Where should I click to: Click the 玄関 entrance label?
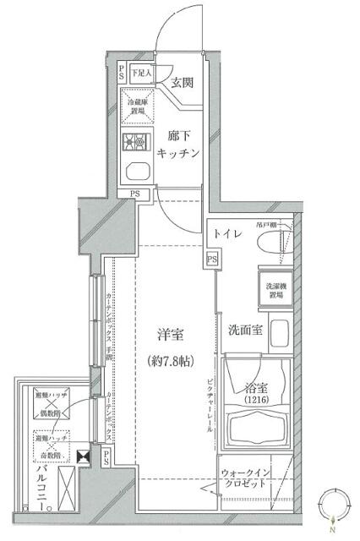pyautogui.click(x=183, y=82)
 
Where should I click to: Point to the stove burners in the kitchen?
pyautogui.click(x=136, y=141)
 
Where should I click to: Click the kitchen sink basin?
pyautogui.click(x=136, y=172)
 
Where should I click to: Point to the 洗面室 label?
pyautogui.click(x=243, y=329)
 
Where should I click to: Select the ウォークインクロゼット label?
pyautogui.click(x=244, y=478)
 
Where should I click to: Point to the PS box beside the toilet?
pyautogui.click(x=211, y=259)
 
